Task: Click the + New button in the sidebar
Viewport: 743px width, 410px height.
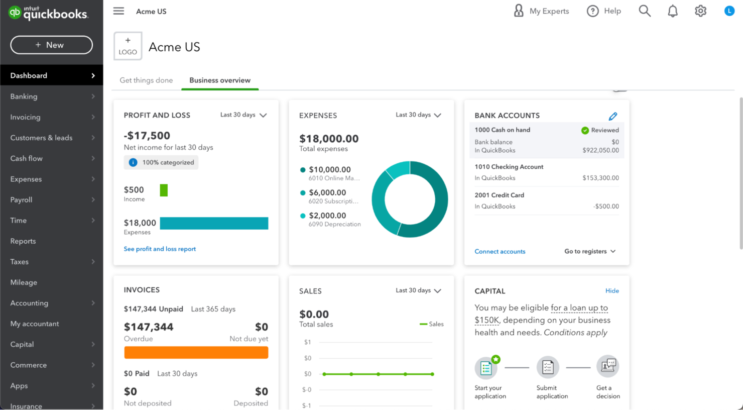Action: (51, 45)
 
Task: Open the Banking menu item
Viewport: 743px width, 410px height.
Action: (24, 96)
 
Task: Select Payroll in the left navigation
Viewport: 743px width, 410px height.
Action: (21, 199)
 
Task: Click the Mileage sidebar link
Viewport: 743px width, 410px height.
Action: (24, 282)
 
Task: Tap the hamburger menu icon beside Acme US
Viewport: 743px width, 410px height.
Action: (118, 11)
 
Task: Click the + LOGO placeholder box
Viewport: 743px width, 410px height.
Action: (128, 46)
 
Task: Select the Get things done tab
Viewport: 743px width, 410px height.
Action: (146, 80)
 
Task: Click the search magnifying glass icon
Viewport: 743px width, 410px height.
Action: (645, 11)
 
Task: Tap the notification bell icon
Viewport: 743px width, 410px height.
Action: (672, 11)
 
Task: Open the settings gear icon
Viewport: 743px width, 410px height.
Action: (700, 11)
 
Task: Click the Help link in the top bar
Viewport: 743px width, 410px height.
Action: (604, 11)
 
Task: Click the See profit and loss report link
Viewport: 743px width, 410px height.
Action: (160, 249)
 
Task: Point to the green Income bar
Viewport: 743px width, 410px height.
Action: (164, 190)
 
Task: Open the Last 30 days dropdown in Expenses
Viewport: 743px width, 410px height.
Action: (418, 115)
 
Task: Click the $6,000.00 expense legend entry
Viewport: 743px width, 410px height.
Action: (327, 192)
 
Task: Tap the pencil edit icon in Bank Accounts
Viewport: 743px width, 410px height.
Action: (612, 116)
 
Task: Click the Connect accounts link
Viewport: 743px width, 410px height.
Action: (500, 251)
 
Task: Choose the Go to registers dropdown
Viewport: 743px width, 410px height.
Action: (589, 251)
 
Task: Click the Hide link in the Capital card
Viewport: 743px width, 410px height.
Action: (611, 291)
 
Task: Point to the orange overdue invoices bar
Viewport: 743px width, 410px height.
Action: (196, 353)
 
